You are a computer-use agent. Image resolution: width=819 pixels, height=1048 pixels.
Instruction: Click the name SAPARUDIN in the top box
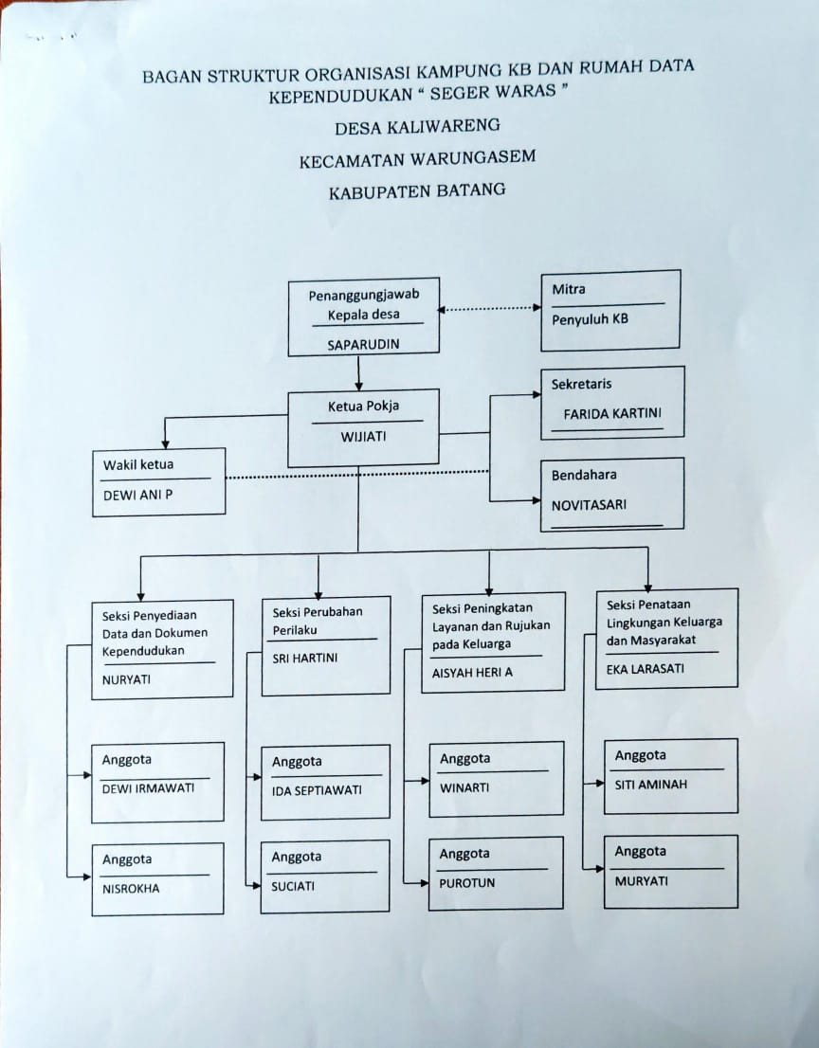(x=363, y=345)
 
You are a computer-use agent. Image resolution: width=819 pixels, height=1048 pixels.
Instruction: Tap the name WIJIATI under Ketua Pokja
(x=363, y=437)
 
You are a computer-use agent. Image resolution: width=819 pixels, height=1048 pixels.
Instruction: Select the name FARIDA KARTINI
(x=611, y=414)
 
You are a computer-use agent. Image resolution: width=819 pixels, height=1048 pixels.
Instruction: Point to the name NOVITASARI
(x=589, y=505)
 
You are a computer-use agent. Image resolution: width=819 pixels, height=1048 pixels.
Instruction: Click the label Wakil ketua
(x=137, y=464)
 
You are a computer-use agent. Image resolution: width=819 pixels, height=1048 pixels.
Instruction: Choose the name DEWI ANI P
(x=137, y=496)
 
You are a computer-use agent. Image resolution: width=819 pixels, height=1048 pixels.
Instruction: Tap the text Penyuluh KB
(x=590, y=319)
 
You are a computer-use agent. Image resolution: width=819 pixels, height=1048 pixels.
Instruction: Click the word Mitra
(x=569, y=289)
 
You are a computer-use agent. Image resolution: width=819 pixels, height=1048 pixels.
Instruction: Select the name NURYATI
(x=126, y=679)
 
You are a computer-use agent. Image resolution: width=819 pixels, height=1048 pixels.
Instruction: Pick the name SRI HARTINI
(x=305, y=659)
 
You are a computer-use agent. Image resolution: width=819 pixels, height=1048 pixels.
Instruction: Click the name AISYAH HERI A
(x=472, y=673)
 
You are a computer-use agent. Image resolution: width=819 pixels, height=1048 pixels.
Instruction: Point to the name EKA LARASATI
(x=646, y=668)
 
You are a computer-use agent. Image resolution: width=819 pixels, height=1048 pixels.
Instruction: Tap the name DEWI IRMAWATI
(x=148, y=788)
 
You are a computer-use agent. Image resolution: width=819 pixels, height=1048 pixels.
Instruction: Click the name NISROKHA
(x=131, y=889)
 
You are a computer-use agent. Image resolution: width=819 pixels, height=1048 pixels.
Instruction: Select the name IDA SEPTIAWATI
(x=317, y=790)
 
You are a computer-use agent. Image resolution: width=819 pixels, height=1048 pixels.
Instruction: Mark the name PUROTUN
(x=466, y=883)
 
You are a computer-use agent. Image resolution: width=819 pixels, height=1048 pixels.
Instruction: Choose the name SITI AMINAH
(x=650, y=785)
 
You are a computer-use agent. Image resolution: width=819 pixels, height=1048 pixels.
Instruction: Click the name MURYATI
(x=641, y=881)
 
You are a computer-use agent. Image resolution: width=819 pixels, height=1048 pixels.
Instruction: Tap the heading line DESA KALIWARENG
(x=417, y=126)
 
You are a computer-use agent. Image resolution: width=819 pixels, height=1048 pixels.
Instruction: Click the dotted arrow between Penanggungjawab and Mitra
(x=489, y=309)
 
